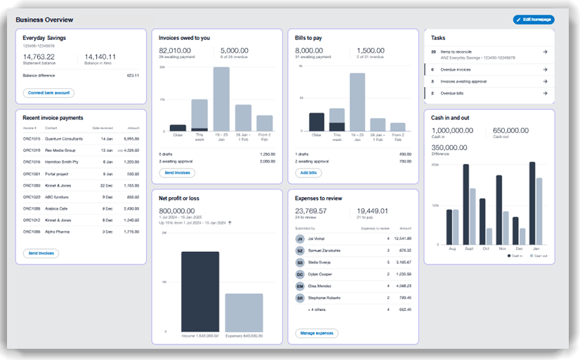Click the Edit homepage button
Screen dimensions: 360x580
click(x=533, y=20)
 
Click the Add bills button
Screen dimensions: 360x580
click(x=309, y=173)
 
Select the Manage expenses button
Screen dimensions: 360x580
click(x=316, y=333)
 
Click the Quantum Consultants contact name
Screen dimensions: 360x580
click(x=63, y=139)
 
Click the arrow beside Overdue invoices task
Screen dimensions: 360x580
click(x=546, y=69)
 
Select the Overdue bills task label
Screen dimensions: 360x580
click(x=451, y=93)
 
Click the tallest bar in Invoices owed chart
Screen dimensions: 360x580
click(x=221, y=99)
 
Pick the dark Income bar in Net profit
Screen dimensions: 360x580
click(x=200, y=292)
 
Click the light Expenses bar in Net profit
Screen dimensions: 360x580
click(x=244, y=313)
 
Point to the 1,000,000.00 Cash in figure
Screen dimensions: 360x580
click(x=455, y=130)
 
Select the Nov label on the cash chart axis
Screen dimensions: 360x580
click(x=501, y=248)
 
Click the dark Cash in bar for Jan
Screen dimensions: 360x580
click(x=532, y=204)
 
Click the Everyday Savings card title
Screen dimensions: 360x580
click(x=44, y=37)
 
